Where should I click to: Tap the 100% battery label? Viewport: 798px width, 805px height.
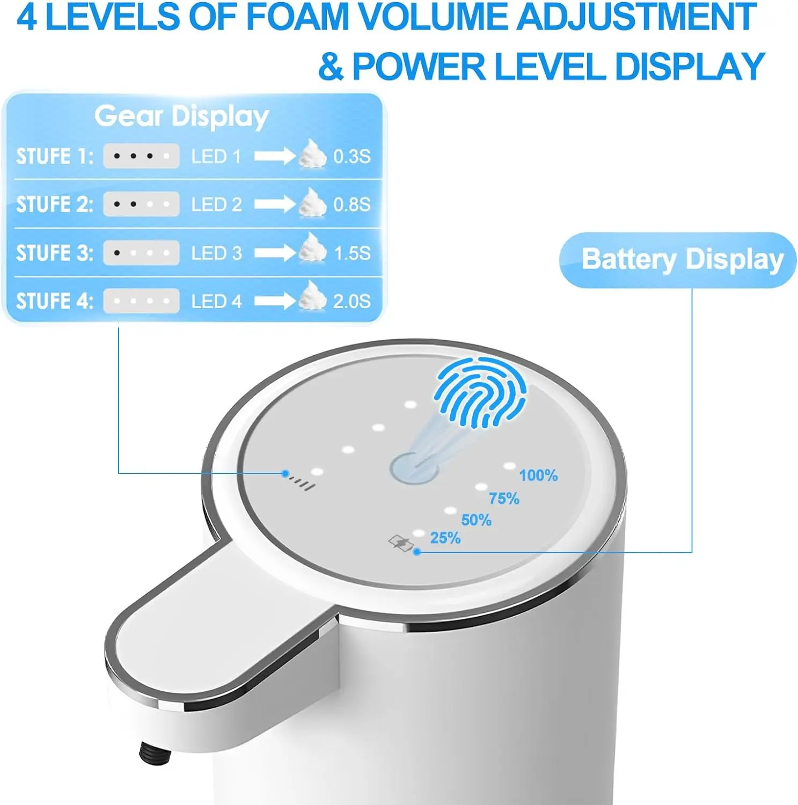(x=538, y=475)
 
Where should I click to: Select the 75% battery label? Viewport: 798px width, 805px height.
(x=503, y=499)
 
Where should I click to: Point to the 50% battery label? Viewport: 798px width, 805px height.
(x=476, y=520)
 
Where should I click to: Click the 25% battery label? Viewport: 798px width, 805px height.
(x=445, y=538)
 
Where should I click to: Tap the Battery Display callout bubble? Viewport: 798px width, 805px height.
(x=678, y=260)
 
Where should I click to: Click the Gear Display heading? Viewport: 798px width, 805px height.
(x=181, y=116)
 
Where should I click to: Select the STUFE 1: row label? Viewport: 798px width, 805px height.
(x=55, y=156)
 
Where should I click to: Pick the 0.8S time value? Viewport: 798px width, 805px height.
(x=352, y=204)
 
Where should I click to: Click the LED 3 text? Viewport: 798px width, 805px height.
(x=216, y=253)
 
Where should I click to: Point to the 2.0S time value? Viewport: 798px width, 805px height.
(x=352, y=301)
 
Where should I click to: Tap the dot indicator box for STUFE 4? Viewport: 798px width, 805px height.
(x=141, y=301)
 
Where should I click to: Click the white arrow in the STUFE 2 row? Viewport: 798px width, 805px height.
(x=274, y=204)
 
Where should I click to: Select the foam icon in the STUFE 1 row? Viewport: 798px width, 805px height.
(x=312, y=155)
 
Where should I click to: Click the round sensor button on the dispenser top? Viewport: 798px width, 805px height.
(x=413, y=469)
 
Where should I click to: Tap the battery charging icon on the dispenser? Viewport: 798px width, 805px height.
(x=400, y=543)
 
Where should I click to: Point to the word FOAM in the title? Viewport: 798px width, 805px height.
(x=297, y=17)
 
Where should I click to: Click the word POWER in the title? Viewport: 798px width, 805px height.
(x=419, y=67)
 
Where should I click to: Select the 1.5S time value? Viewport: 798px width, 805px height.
(x=352, y=253)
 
